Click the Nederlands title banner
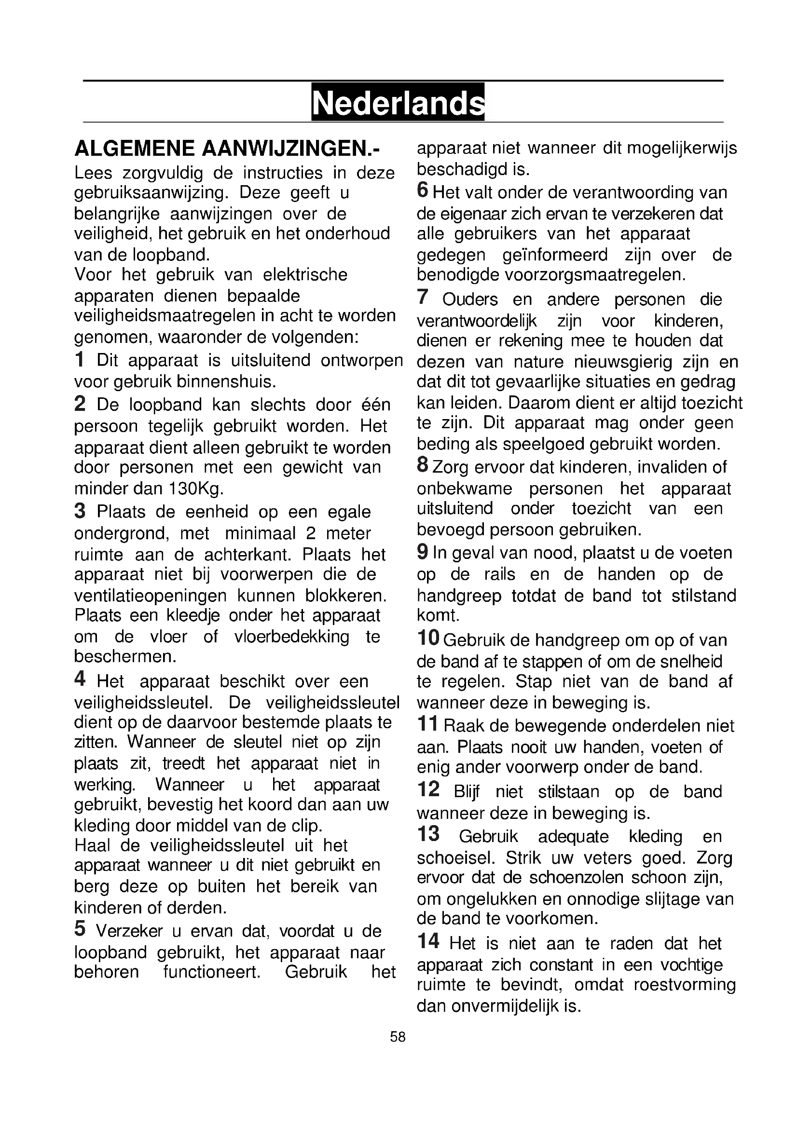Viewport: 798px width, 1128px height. (x=398, y=102)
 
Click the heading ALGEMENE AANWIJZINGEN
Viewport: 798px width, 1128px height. (x=227, y=149)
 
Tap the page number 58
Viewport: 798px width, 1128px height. (x=398, y=1037)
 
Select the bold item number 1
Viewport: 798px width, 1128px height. (x=79, y=360)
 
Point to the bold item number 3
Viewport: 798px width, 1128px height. (x=80, y=511)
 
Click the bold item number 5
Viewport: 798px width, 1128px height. (x=80, y=928)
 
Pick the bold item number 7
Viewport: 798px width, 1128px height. (x=423, y=297)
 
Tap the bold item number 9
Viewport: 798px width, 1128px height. (x=422, y=552)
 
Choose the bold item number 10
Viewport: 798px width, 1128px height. (x=428, y=638)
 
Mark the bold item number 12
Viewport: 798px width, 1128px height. (x=428, y=789)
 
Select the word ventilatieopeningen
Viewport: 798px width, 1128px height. (x=151, y=596)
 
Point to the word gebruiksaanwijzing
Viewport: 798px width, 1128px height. (x=151, y=193)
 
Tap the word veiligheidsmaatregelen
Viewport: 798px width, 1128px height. (x=165, y=315)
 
